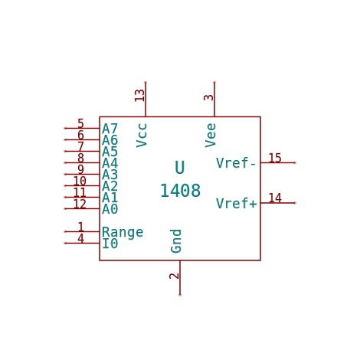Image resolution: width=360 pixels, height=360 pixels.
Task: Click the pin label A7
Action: [110, 129]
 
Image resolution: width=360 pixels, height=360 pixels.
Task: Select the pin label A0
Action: [110, 209]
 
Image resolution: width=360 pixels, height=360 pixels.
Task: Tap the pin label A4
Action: [110, 163]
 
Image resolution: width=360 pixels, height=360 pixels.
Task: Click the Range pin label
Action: [123, 233]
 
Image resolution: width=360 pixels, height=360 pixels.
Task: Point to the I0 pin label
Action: [110, 244]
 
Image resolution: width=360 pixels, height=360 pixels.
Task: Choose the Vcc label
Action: [142, 136]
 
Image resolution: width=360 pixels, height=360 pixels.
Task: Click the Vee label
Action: [211, 136]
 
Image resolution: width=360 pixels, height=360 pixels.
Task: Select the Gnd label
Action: [176, 241]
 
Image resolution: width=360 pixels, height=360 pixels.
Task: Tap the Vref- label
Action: [236, 163]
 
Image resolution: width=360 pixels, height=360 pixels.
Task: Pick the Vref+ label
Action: [236, 203]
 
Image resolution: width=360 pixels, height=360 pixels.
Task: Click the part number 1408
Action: [180, 191]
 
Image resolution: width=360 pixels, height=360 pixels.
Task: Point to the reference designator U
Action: [180, 168]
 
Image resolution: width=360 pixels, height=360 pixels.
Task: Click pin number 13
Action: [139, 96]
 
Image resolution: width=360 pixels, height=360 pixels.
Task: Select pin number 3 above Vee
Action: [208, 97]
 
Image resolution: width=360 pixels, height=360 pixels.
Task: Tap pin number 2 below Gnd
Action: [174, 276]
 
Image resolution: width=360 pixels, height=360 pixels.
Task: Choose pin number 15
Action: [275, 158]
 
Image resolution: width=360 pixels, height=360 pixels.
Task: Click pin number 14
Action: [275, 198]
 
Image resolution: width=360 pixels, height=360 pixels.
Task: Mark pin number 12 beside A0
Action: [80, 204]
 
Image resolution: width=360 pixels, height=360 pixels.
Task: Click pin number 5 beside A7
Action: [80, 123]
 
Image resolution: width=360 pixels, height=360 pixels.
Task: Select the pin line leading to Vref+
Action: [278, 203]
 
